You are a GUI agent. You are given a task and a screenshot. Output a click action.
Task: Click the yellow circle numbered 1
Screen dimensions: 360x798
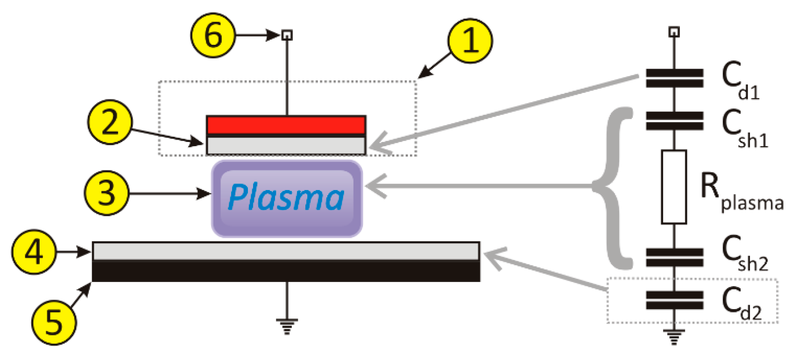click(470, 41)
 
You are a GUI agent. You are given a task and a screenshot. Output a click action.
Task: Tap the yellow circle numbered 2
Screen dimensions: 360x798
click(110, 122)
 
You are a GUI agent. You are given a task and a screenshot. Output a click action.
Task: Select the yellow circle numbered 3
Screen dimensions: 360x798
click(106, 193)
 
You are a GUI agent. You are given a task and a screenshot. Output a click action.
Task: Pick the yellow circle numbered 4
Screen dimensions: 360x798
click(34, 252)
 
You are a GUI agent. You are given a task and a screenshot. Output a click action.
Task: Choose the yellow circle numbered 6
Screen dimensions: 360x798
click(213, 35)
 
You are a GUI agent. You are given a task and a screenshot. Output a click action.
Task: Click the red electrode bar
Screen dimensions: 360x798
click(286, 125)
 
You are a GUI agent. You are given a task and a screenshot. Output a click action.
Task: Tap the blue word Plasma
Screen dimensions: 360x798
click(286, 198)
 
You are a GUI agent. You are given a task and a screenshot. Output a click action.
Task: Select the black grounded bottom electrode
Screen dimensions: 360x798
click(286, 271)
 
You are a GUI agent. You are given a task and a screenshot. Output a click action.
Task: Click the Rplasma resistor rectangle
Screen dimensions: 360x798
click(673, 187)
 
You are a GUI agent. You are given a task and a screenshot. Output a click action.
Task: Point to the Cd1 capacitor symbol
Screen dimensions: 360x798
click(674, 78)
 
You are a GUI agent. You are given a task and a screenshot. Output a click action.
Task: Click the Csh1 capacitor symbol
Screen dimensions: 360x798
click(674, 120)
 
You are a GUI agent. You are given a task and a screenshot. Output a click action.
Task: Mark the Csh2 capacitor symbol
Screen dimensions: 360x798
click(674, 257)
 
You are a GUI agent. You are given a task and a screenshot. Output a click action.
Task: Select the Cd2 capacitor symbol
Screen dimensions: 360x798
click(674, 300)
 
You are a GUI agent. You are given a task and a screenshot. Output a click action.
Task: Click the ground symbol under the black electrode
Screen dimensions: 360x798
click(287, 326)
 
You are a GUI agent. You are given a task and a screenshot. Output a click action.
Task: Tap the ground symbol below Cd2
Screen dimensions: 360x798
click(673, 336)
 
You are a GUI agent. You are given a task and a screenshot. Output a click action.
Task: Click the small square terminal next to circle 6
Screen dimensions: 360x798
click(287, 35)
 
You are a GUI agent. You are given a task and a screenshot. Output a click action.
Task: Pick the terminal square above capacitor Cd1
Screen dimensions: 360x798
click(673, 32)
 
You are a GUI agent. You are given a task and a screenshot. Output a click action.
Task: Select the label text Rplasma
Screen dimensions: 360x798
click(740, 191)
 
